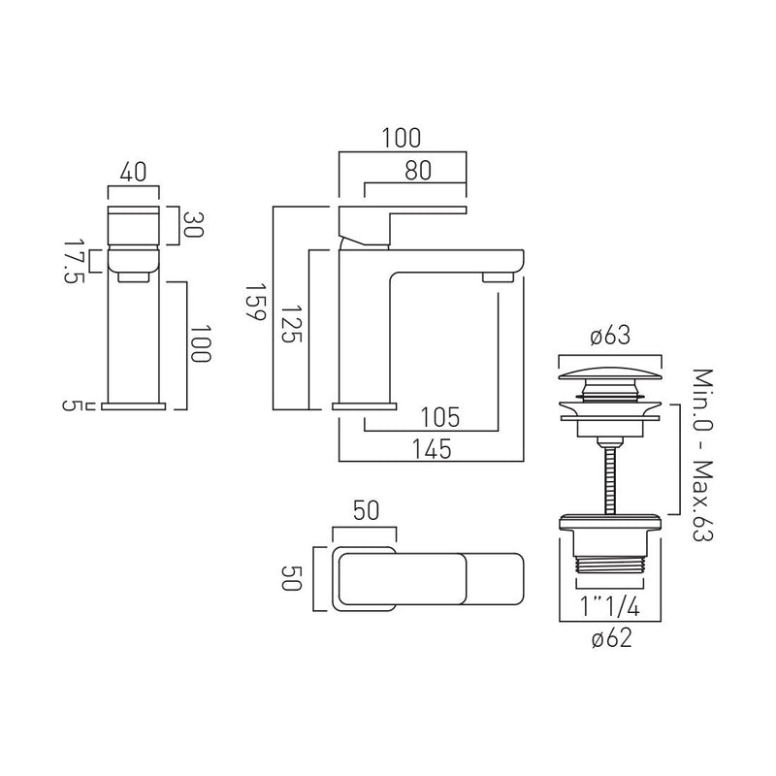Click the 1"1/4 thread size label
(x=608, y=606)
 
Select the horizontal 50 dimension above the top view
(x=364, y=512)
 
